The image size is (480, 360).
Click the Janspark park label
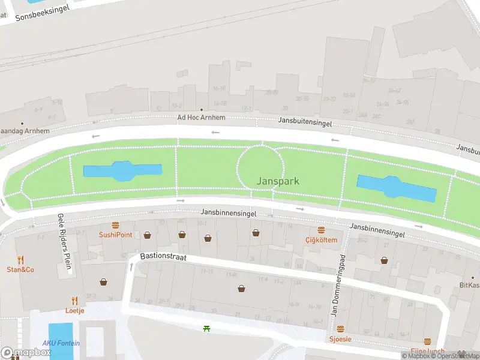pos(278,181)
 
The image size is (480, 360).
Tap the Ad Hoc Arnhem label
pos(201,118)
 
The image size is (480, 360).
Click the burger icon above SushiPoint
pos(116,226)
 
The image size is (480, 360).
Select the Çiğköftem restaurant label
pos(322,240)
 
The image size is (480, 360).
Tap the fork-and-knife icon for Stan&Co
pos(20,260)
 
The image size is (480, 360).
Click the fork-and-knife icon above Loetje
pos(75,301)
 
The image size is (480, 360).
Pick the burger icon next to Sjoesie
pos(341,329)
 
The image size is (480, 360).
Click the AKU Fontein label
pos(61,343)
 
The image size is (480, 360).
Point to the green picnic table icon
pos(206,328)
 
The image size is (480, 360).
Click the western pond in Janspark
pos(122,171)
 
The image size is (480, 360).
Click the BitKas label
pos(469,285)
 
